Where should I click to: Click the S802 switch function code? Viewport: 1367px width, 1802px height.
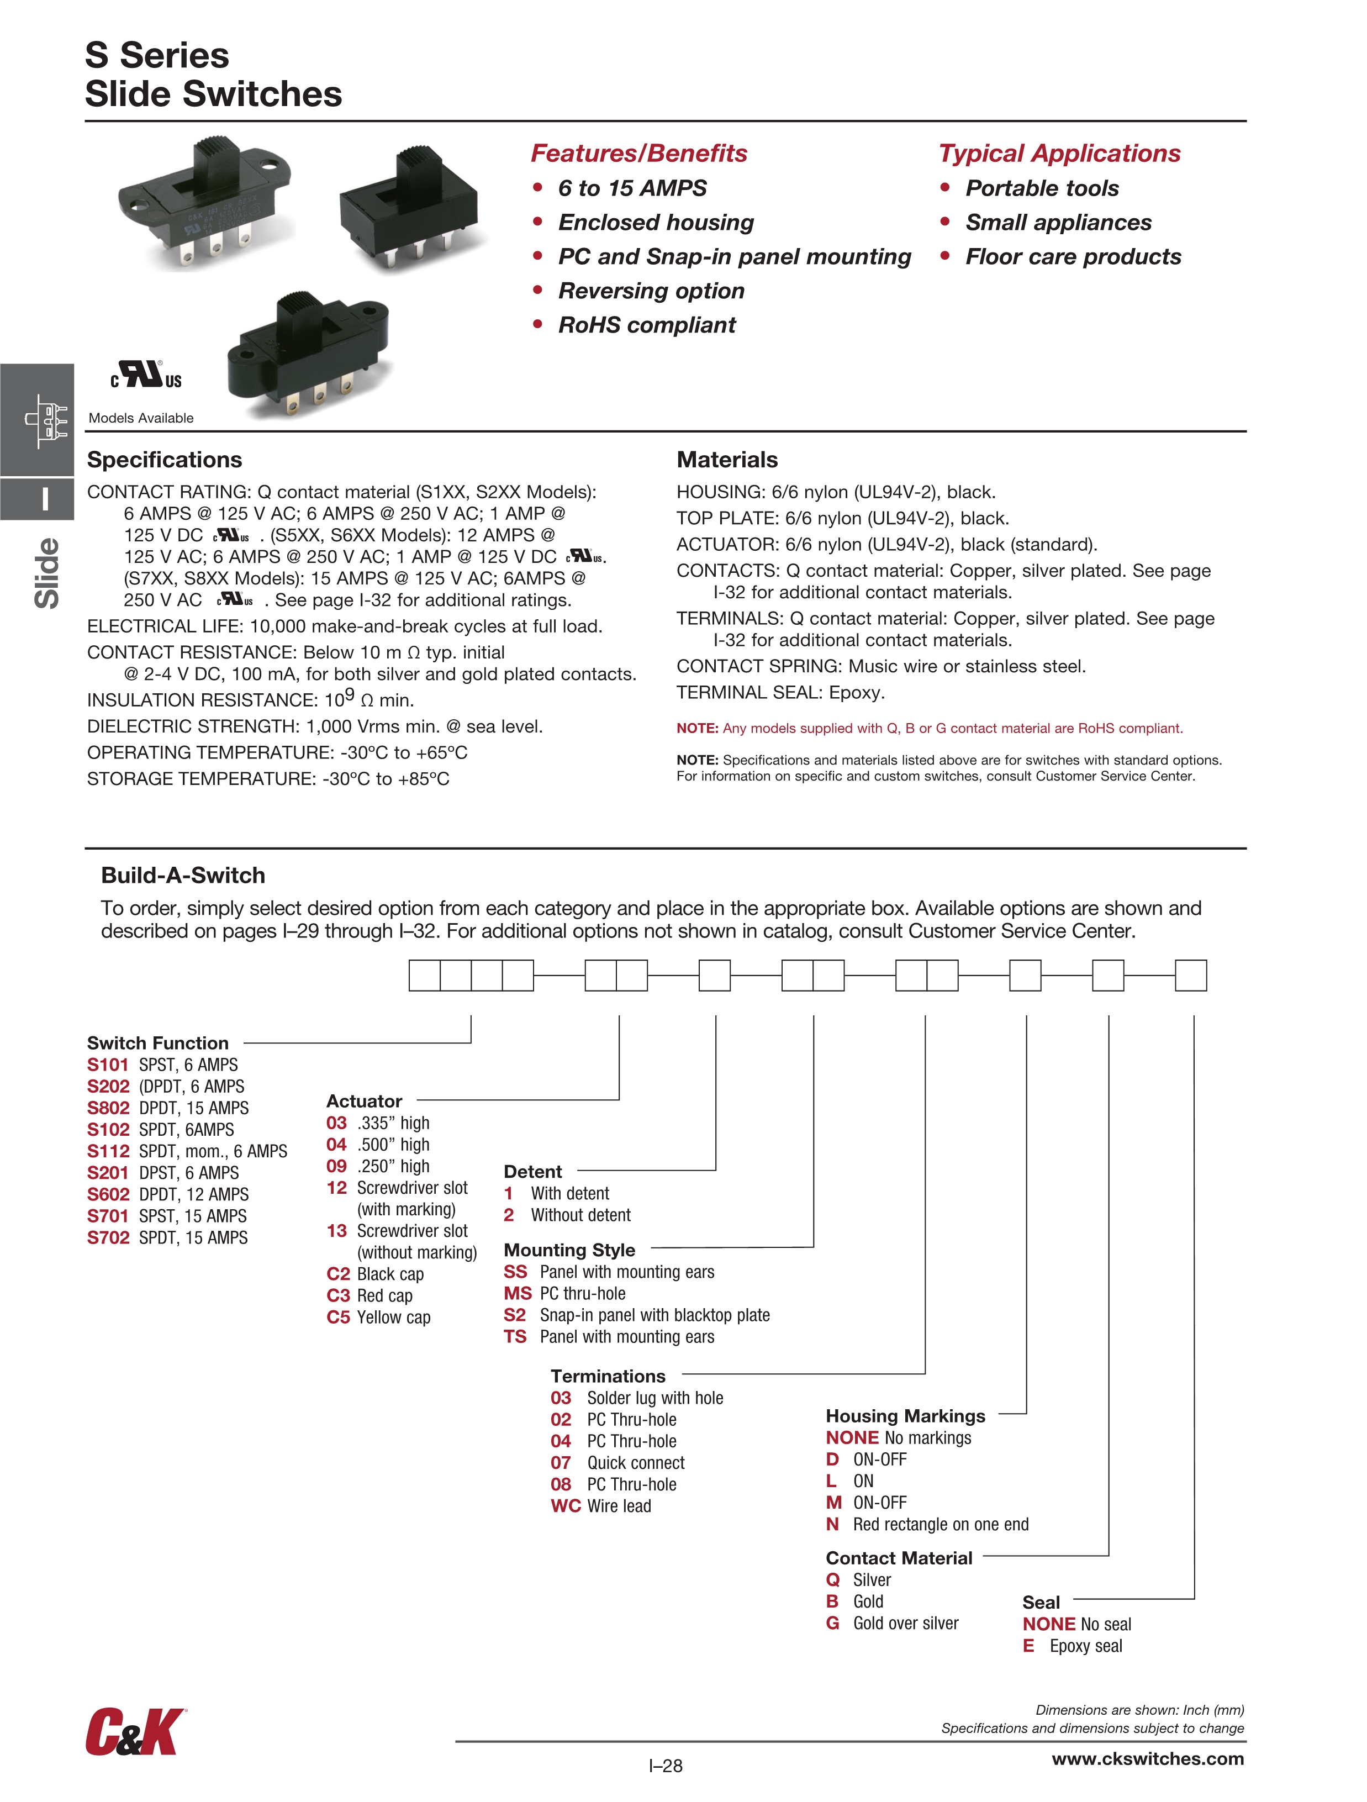coord(108,1108)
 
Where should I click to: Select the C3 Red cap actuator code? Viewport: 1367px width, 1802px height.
coord(338,1295)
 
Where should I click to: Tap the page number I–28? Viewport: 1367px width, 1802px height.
coord(666,1766)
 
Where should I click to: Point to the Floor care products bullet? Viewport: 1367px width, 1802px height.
coord(1073,257)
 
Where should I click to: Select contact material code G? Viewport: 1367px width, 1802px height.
coord(832,1623)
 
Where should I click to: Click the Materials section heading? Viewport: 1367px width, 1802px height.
coord(727,460)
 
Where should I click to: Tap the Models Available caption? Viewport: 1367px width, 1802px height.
coord(141,418)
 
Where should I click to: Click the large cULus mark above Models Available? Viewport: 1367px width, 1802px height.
coord(146,375)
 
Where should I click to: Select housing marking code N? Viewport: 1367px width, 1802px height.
coord(832,1524)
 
